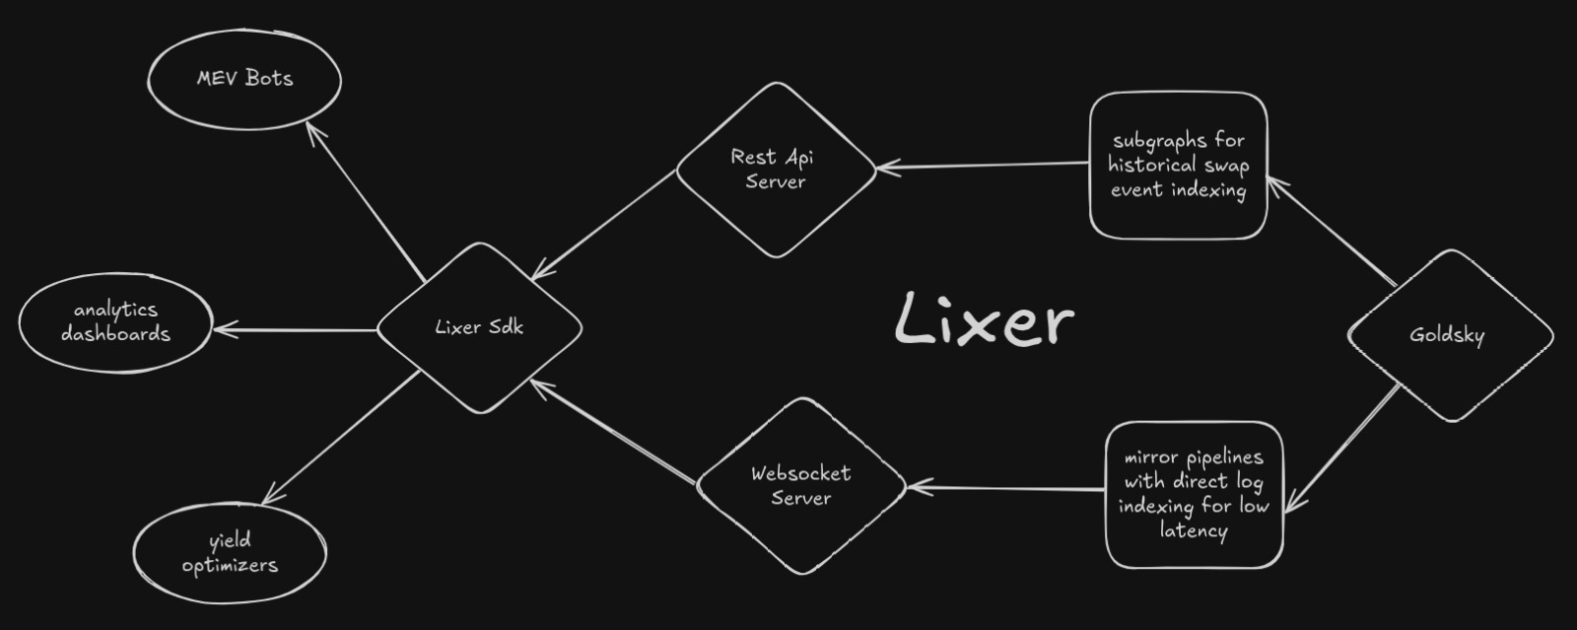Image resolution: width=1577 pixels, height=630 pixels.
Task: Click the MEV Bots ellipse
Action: (x=244, y=79)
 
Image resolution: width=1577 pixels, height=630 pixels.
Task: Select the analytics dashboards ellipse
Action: (x=115, y=322)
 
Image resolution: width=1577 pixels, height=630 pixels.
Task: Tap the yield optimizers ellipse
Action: (x=230, y=553)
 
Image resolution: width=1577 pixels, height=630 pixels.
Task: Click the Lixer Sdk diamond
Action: (x=479, y=327)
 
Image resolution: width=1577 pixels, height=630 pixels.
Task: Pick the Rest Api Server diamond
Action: (x=776, y=169)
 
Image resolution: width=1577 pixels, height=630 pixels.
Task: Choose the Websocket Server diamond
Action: (x=800, y=485)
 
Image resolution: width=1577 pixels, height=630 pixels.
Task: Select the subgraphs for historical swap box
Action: (x=1178, y=166)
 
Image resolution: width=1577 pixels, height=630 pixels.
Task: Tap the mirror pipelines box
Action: (x=1194, y=494)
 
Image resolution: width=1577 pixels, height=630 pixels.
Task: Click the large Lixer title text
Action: (x=984, y=319)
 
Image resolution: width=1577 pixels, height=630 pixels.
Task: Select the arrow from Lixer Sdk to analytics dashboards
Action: (x=296, y=329)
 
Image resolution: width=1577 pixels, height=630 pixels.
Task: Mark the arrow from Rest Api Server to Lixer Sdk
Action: (x=605, y=224)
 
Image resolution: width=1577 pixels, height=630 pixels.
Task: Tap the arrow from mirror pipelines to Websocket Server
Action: (x=1005, y=487)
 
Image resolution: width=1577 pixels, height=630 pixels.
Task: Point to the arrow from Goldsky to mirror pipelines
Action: (x=1343, y=449)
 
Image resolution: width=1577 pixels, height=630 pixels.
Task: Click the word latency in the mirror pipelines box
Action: (x=1193, y=530)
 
